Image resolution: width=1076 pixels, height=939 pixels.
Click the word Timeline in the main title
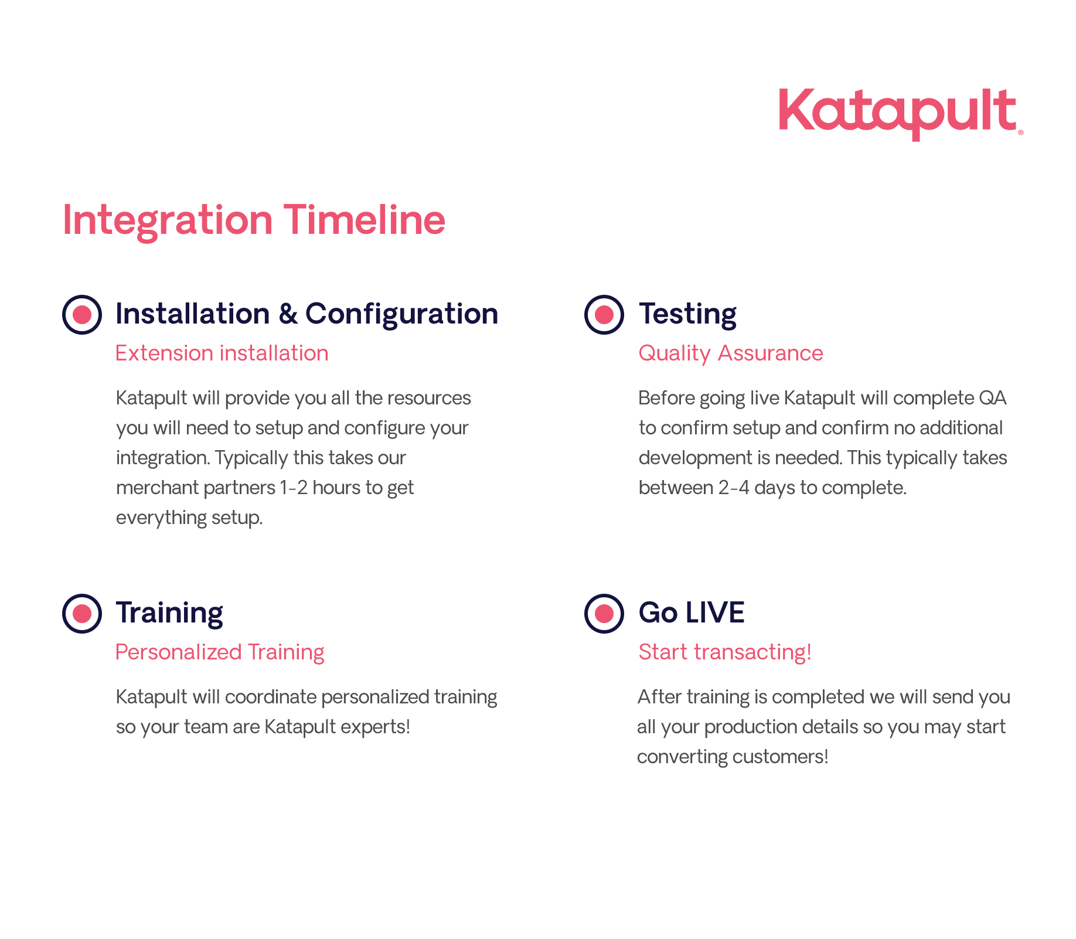tap(365, 220)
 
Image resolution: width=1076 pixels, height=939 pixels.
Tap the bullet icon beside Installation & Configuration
tap(82, 315)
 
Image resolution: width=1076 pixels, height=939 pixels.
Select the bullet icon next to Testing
tap(604, 315)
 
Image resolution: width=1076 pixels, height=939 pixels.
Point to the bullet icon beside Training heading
tap(82, 614)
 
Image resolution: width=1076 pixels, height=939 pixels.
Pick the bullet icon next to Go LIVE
tap(604, 614)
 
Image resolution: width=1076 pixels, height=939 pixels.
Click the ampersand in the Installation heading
tap(288, 314)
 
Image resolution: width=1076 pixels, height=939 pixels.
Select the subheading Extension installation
tap(222, 353)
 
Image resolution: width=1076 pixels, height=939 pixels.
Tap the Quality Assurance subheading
tap(731, 353)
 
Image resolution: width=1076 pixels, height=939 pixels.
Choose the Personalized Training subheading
tap(220, 652)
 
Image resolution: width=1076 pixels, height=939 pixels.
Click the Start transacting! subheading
tap(725, 652)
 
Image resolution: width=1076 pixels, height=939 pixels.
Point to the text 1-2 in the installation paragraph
tap(294, 488)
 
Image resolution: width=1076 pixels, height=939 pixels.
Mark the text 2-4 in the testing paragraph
tap(734, 488)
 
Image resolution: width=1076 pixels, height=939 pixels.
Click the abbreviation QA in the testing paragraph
tap(993, 398)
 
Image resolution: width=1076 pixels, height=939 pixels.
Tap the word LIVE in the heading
tap(715, 613)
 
